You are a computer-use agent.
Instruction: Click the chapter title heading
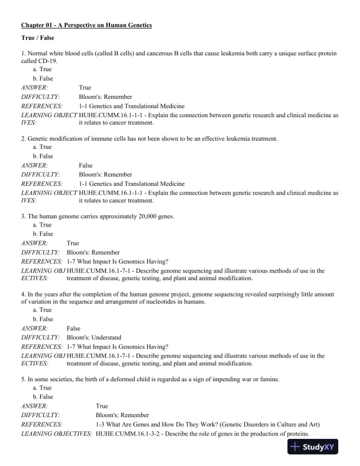click(x=86, y=25)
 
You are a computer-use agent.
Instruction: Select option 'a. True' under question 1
click(x=42, y=69)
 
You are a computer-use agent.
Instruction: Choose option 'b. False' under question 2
click(x=43, y=157)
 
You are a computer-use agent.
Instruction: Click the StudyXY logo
click(x=318, y=448)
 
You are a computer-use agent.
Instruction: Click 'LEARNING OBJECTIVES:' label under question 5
click(x=56, y=434)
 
